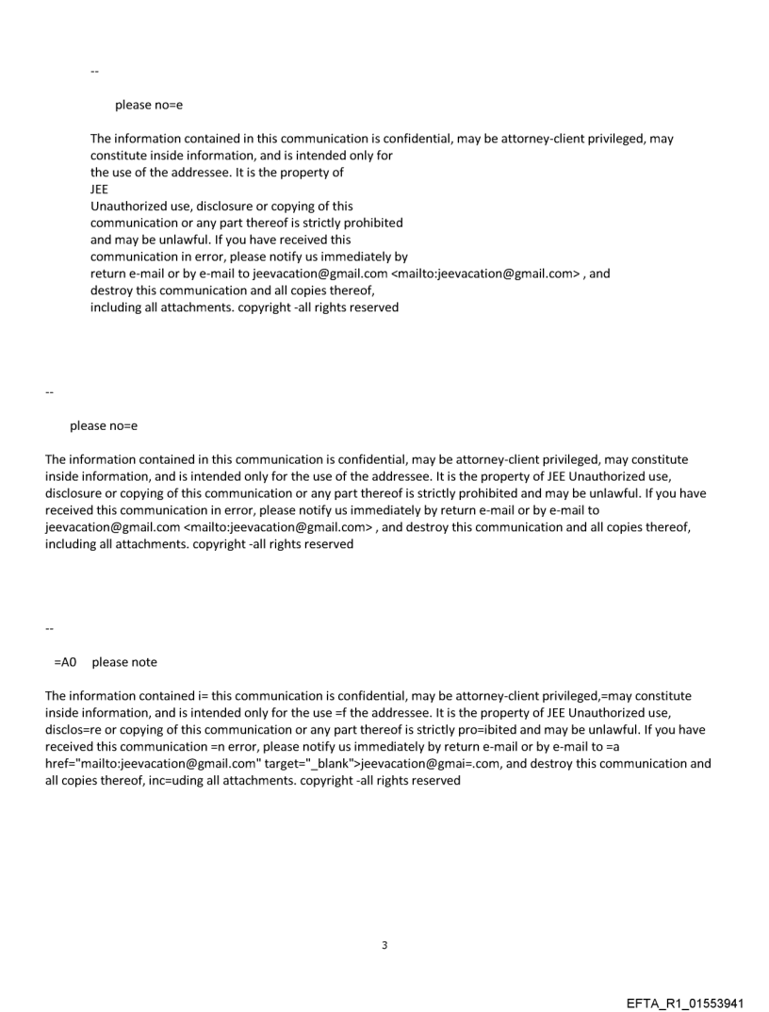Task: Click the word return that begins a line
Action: coord(109,274)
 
